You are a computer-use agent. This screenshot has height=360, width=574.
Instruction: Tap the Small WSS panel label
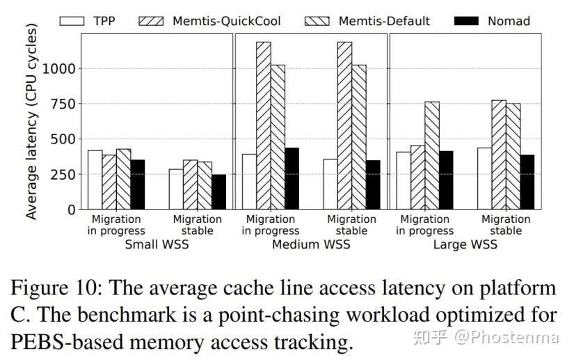pyautogui.click(x=157, y=244)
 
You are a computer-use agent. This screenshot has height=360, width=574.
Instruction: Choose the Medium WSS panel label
pyautogui.click(x=311, y=244)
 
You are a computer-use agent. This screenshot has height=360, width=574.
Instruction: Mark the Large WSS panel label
pyautogui.click(x=465, y=244)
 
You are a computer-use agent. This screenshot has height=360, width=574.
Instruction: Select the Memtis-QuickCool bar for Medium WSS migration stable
pyautogui.click(x=344, y=125)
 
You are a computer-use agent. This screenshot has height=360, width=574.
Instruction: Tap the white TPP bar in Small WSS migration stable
pyautogui.click(x=176, y=189)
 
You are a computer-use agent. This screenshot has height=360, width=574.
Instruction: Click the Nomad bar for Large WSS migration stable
pyautogui.click(x=527, y=182)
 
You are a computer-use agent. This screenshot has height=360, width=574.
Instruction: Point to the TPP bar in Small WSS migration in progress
pyautogui.click(x=95, y=180)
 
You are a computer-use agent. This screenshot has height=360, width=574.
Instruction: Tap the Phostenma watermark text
pyautogui.click(x=507, y=338)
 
